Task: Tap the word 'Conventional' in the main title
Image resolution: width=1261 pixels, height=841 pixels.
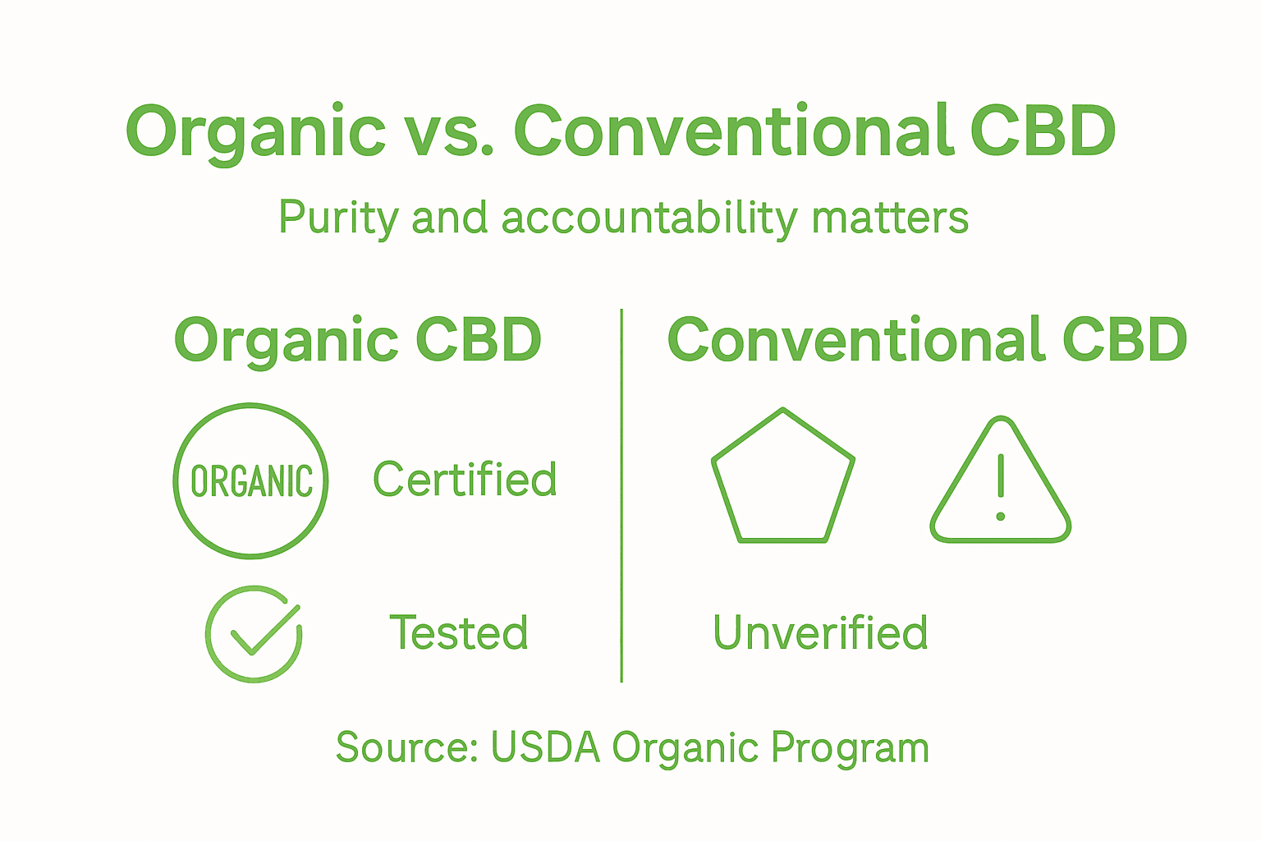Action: (734, 131)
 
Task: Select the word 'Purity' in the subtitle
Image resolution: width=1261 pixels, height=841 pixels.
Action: (339, 218)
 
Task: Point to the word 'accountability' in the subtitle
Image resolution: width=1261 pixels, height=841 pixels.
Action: (649, 218)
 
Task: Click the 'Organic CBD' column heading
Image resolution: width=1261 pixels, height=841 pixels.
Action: (358, 340)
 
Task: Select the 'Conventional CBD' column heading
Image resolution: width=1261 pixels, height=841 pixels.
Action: (927, 340)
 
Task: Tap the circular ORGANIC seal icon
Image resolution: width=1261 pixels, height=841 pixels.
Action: (251, 480)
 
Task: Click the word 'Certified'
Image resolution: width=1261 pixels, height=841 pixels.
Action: (465, 480)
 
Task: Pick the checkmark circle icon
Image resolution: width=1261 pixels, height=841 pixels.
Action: (254, 633)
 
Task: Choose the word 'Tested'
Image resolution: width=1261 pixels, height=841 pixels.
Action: (458, 633)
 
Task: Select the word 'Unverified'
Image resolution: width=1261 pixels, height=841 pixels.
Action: (820, 633)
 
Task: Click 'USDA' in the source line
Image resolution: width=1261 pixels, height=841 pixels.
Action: (545, 747)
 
